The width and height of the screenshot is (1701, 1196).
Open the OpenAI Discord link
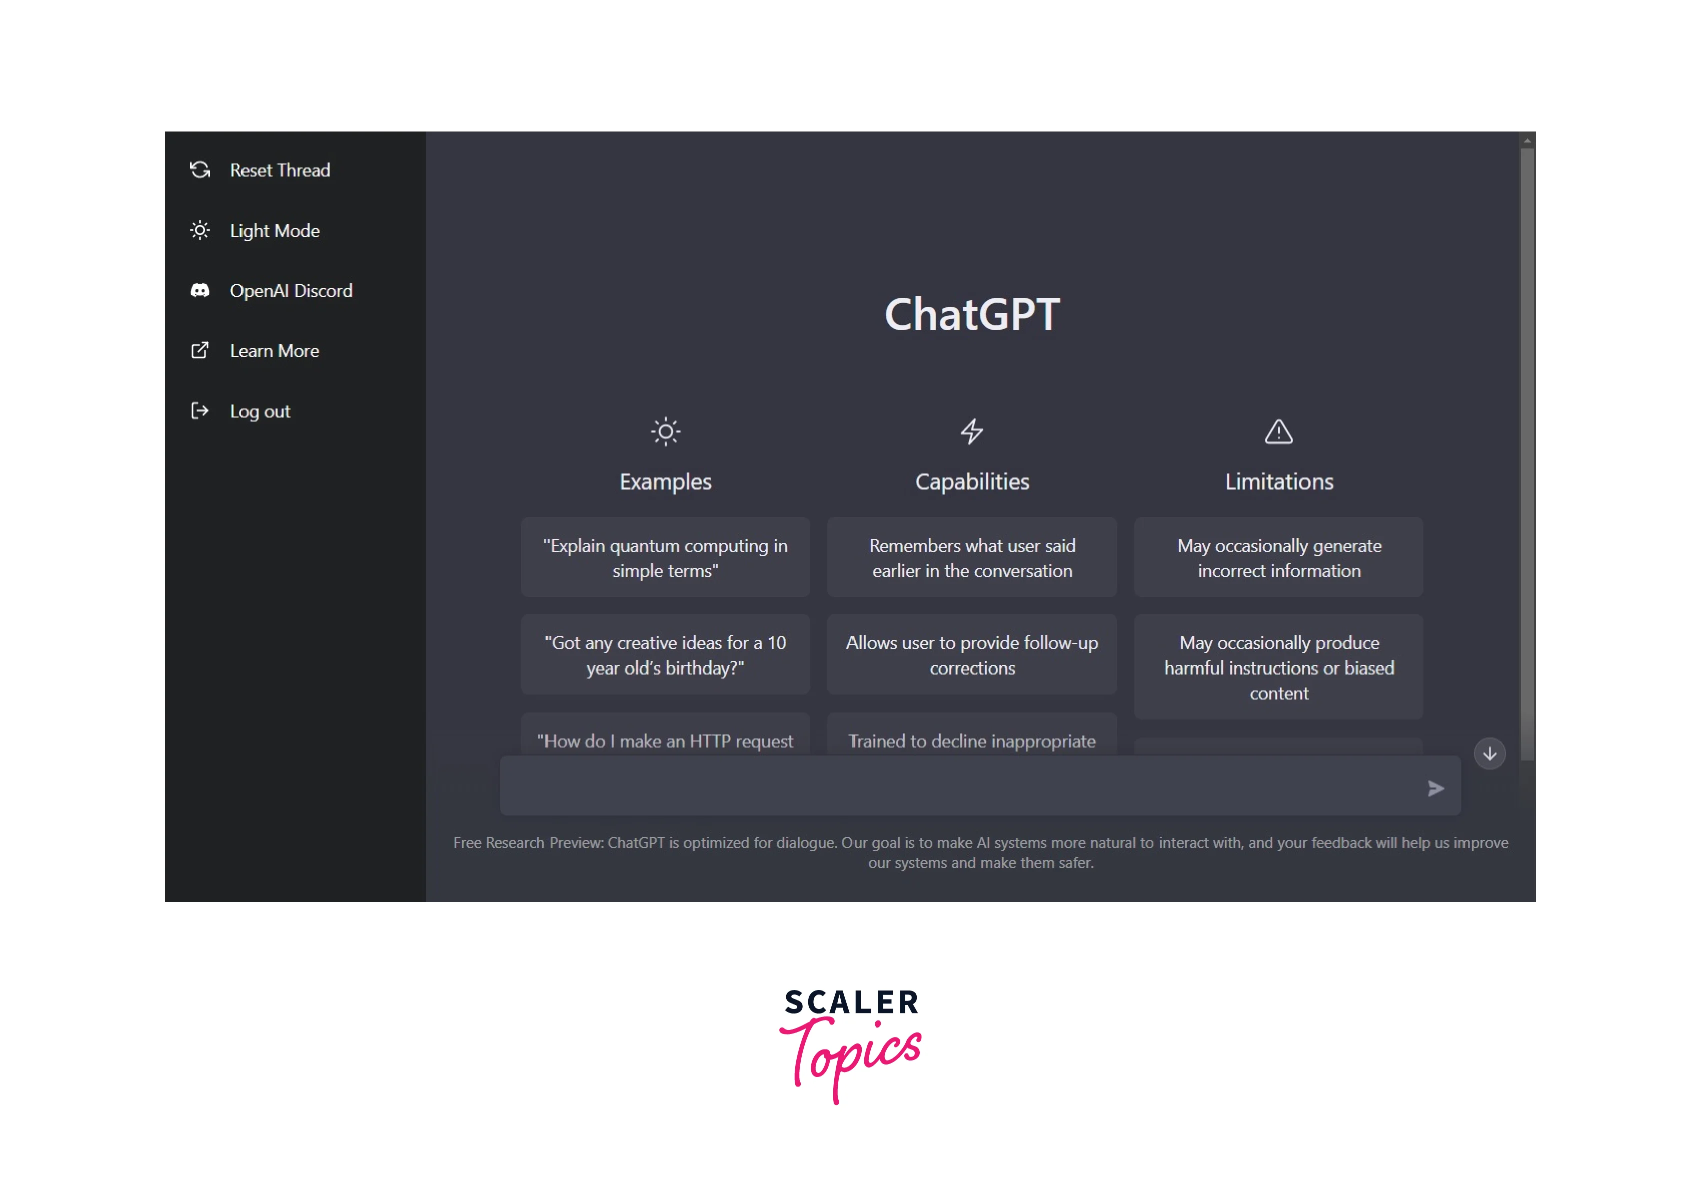click(271, 290)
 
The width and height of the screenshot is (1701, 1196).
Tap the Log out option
click(240, 411)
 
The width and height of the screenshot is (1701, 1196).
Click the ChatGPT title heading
click(972, 314)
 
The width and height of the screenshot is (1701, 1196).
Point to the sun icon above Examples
click(665, 431)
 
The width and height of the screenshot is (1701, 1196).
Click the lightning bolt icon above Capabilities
click(972, 431)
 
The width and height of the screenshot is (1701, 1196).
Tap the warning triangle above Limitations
click(1279, 431)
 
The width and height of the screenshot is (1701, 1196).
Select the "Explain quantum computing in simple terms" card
click(665, 557)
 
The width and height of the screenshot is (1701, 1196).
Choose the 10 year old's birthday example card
click(665, 654)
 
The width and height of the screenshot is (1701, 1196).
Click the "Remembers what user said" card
click(972, 557)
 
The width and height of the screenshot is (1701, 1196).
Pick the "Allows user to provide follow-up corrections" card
click(972, 654)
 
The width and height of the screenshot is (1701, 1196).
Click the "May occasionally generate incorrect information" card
click(1279, 557)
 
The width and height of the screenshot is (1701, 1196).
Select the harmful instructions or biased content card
click(1279, 667)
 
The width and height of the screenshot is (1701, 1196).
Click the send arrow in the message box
click(1436, 788)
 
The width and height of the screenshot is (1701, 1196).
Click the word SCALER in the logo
click(852, 1002)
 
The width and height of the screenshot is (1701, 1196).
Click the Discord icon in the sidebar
click(200, 290)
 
